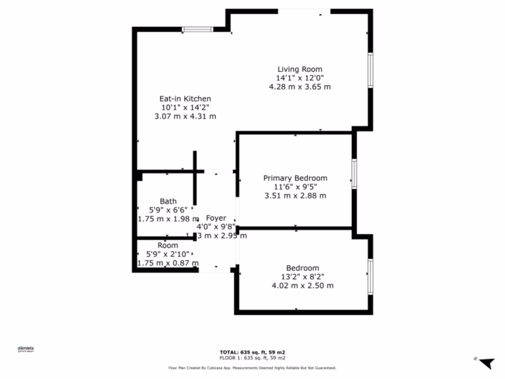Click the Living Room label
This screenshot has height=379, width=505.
[299, 70]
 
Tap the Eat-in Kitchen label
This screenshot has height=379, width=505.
[185, 99]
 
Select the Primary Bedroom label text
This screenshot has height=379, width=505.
[295, 178]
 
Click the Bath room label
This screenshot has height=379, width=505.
[168, 201]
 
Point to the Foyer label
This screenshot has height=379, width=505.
[216, 218]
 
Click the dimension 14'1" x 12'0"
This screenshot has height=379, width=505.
[299, 78]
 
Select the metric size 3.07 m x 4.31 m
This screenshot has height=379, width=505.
[185, 116]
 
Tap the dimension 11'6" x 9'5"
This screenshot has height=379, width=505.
[295, 187]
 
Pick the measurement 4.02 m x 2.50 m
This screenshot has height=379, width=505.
[302, 286]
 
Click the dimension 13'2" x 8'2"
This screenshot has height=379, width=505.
[302, 277]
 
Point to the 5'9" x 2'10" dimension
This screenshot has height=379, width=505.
[168, 254]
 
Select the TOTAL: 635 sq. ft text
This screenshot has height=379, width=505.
[252, 352]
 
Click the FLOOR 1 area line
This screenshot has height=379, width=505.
[252, 358]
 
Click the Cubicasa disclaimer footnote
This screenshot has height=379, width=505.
[252, 368]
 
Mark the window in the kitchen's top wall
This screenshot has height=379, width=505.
[198, 30]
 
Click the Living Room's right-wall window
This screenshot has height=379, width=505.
[370, 71]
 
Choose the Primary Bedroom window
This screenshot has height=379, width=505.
[354, 174]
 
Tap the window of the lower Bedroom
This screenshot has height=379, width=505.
[370, 270]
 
